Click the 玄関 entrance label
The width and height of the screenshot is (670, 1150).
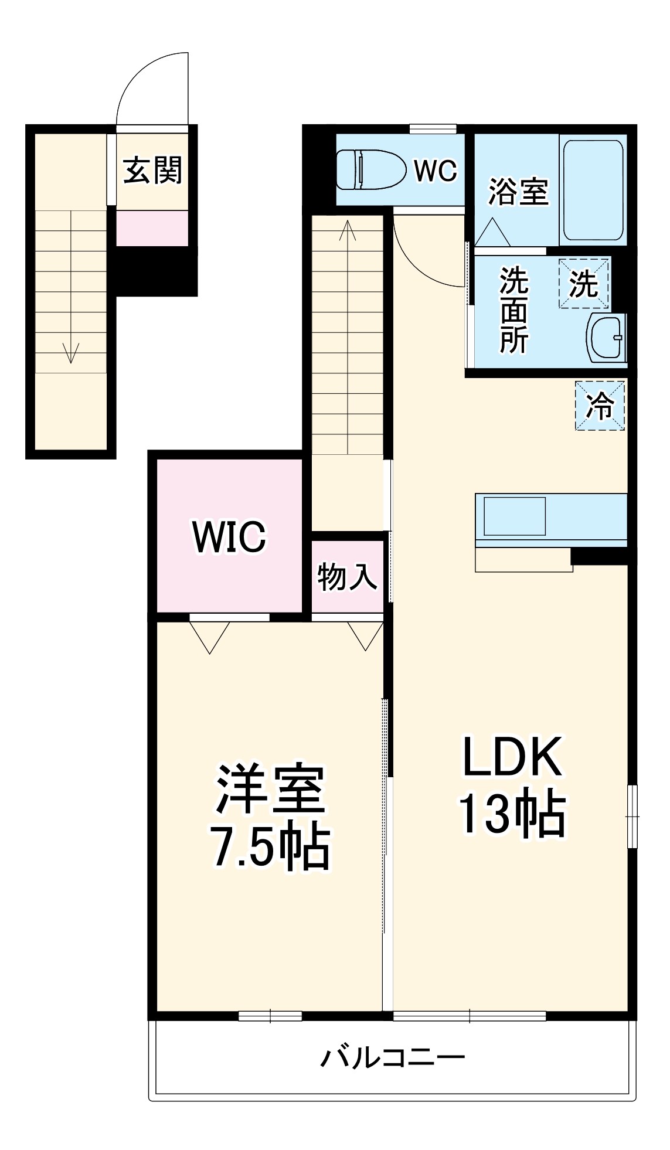(x=152, y=171)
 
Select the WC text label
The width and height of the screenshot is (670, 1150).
(x=436, y=171)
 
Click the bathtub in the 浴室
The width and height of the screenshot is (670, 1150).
(x=593, y=189)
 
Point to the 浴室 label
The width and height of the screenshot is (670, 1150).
(x=518, y=192)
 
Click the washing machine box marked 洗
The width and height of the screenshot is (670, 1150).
(x=584, y=284)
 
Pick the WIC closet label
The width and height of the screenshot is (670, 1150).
(x=229, y=536)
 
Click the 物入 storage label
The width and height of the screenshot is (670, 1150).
(x=346, y=577)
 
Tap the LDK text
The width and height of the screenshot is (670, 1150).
(x=512, y=757)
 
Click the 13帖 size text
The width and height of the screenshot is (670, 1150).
(x=511, y=815)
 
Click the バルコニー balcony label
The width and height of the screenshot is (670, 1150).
(x=392, y=1057)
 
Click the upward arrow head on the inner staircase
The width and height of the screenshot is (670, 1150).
(x=348, y=226)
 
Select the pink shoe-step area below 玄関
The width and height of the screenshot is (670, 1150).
(x=152, y=228)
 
